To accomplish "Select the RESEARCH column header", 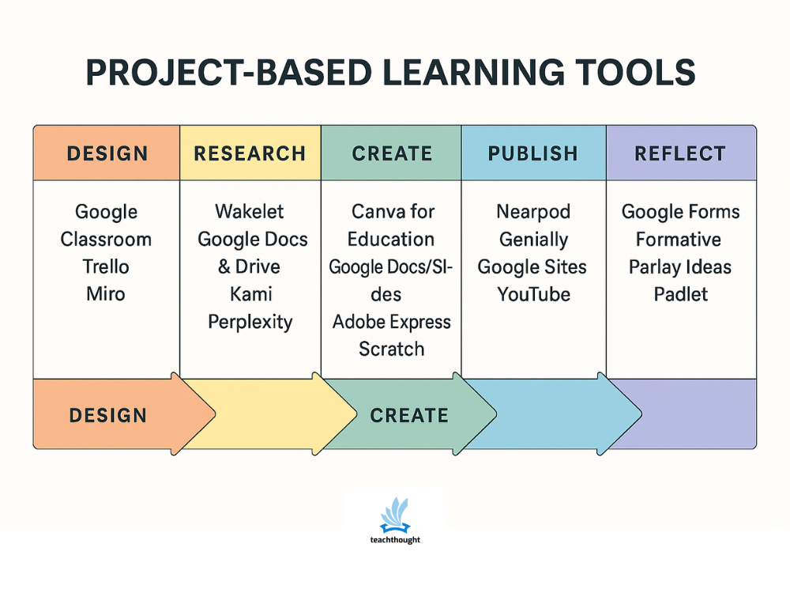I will [250, 153].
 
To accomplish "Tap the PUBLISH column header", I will [533, 153].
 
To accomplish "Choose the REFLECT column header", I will [680, 153].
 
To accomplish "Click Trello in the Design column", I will [106, 266].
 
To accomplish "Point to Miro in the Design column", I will [106, 294].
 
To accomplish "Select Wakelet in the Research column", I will [250, 212].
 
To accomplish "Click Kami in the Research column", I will [250, 294].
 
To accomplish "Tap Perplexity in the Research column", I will [250, 322].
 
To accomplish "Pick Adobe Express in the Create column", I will [391, 322].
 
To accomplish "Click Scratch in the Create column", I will [391, 349].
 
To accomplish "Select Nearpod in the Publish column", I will [532, 212].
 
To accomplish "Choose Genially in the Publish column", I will [532, 240].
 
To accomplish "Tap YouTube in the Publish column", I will [533, 294].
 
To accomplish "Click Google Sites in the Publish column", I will [532, 266].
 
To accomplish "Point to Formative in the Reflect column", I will [679, 240].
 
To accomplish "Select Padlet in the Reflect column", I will [680, 294].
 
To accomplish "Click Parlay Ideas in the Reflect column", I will [680, 266].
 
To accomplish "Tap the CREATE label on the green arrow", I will [408, 415].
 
